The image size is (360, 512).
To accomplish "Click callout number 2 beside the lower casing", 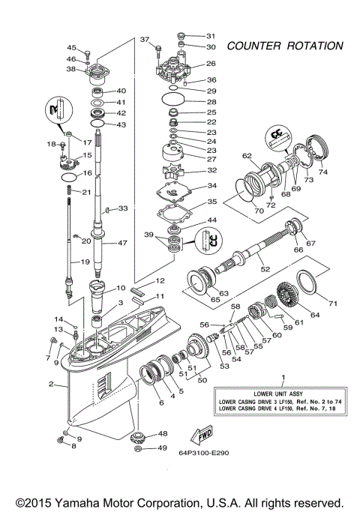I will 51,385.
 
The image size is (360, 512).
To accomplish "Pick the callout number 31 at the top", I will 211,35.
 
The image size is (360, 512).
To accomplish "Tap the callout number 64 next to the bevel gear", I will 315,315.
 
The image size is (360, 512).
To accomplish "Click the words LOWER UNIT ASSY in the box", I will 282,392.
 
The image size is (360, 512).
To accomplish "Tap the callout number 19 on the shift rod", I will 85,262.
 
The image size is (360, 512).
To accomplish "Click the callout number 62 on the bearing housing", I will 245,156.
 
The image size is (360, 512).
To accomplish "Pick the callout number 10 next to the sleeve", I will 121,287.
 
